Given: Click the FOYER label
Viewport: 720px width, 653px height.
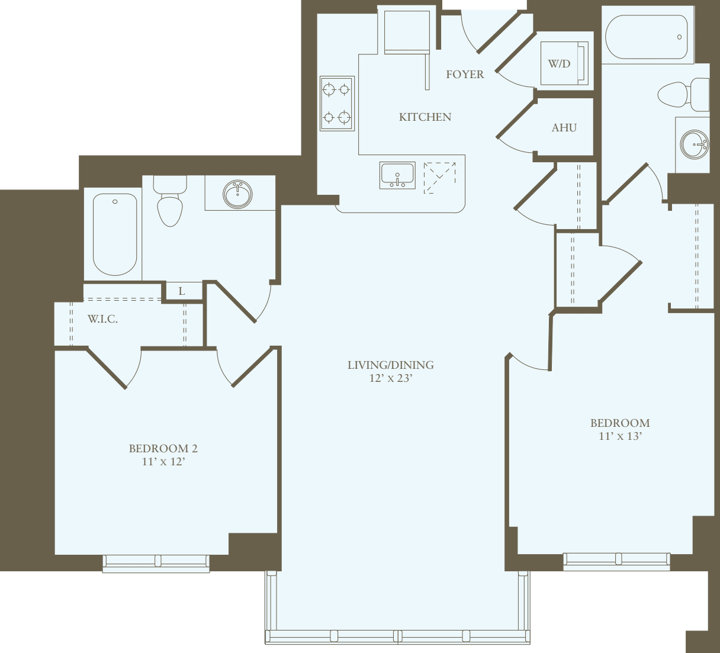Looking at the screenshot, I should point(465,74).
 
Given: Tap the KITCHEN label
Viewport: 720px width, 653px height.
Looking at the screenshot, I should point(425,117).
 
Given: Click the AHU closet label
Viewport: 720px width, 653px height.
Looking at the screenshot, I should point(564,127).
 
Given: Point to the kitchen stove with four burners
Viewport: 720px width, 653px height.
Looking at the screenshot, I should point(337,104).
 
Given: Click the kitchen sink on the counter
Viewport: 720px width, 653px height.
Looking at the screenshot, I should point(397,176).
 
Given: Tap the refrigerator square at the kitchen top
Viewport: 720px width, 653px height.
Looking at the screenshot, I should point(406,31).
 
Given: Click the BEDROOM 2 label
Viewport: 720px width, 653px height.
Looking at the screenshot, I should point(163,448).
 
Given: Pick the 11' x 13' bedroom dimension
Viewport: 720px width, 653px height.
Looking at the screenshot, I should point(620,436).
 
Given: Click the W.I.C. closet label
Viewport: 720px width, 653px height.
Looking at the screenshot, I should point(102,319).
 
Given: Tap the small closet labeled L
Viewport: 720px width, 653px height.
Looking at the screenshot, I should point(182,291).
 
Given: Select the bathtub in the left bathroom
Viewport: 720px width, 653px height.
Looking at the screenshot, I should point(115,234).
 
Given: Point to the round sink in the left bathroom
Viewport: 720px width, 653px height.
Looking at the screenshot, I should point(238,194).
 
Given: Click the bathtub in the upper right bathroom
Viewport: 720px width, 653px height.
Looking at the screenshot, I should point(647,37).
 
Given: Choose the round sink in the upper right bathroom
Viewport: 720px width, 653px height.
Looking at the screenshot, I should point(694,144).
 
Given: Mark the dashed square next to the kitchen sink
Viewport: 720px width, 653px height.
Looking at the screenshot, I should point(440,177).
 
